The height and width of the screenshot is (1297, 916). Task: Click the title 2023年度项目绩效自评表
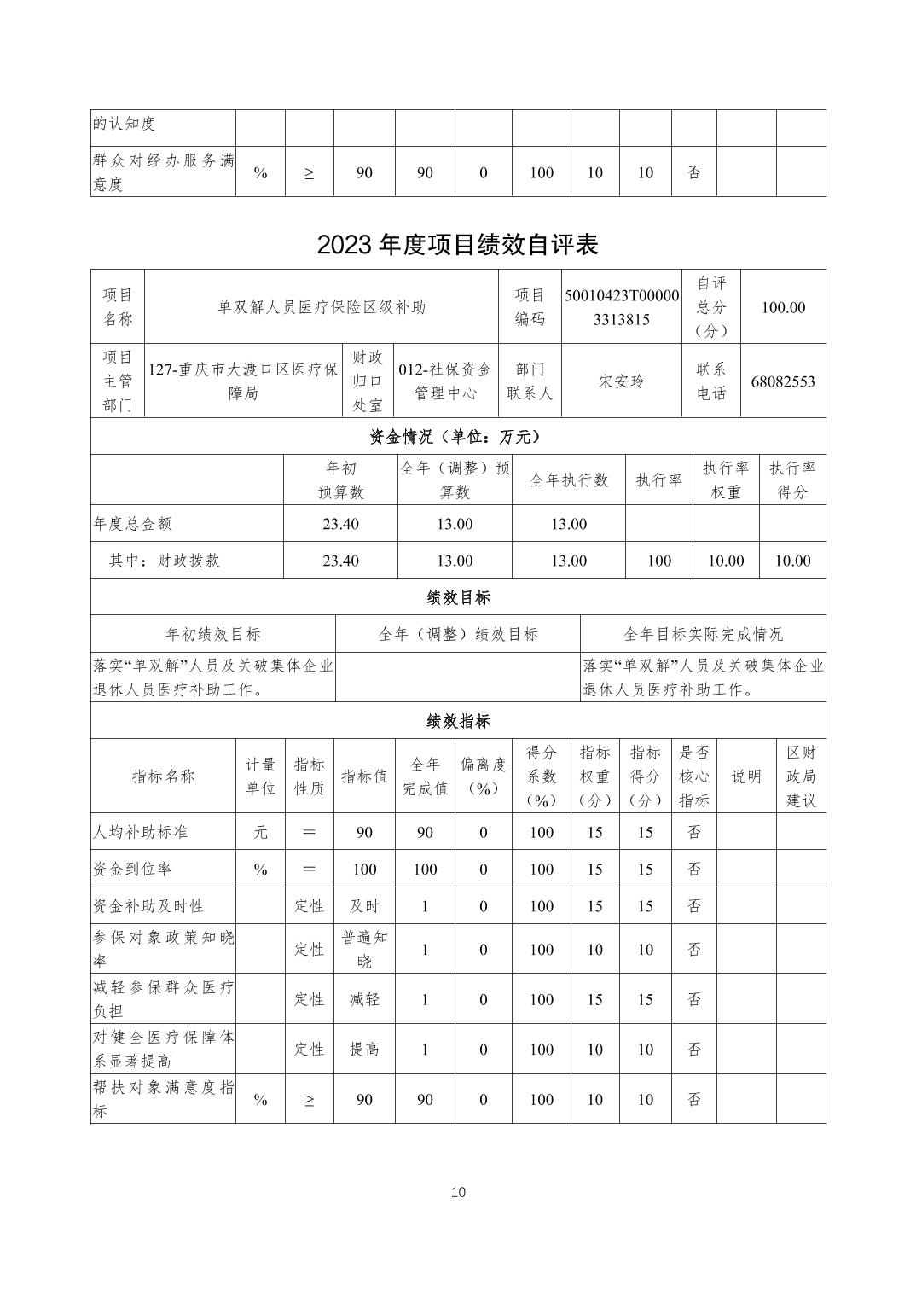[458, 244]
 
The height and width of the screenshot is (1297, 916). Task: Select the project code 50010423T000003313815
[621, 307]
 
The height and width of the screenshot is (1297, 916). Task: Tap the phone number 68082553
[782, 381]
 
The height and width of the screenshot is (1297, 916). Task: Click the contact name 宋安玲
[621, 381]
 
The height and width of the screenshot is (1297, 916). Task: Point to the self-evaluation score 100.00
[782, 307]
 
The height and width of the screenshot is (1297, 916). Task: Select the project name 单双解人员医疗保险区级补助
[322, 307]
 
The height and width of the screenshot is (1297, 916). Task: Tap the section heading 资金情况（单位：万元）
[458, 436]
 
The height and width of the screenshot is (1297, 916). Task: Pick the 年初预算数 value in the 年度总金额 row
[340, 524]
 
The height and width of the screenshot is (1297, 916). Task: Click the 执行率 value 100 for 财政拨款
[659, 561]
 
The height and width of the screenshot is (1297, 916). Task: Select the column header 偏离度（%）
[483, 776]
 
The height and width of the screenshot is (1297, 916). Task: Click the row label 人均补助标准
[140, 832]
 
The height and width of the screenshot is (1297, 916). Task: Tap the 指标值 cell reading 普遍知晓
[364, 949]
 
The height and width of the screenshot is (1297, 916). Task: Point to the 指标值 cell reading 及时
[364, 906]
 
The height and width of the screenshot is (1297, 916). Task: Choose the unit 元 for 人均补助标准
[260, 832]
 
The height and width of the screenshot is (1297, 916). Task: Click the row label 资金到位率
[132, 870]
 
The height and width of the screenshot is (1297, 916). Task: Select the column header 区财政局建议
[801, 776]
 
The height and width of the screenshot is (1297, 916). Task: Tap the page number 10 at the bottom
[458, 1192]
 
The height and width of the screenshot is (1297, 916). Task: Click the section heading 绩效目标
[458, 597]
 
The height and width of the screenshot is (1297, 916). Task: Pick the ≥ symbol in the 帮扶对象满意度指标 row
[309, 1100]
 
